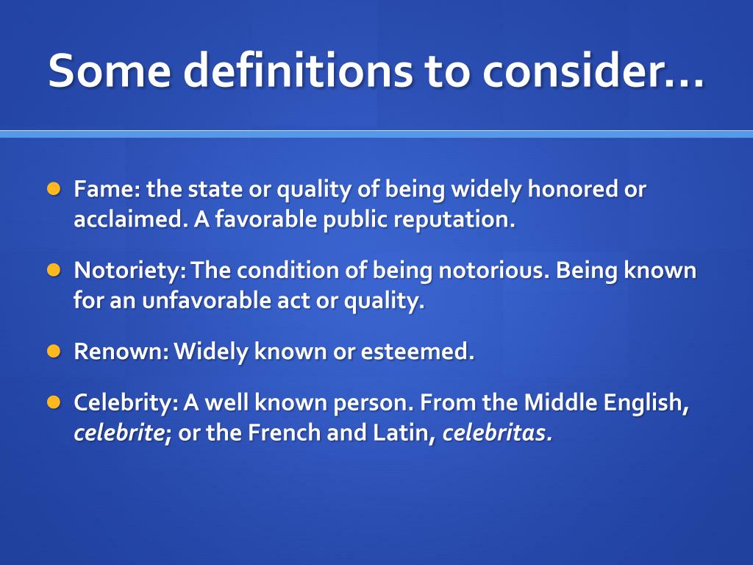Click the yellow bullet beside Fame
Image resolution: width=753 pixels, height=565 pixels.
point(54,189)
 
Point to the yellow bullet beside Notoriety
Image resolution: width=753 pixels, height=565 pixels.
point(54,270)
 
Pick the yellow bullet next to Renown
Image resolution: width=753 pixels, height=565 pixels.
point(54,351)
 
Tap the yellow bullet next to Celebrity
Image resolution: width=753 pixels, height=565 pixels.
point(54,402)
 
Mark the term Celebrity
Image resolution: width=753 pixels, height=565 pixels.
point(125,403)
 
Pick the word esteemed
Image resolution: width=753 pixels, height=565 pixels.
point(417,352)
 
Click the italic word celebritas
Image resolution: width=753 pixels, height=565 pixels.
point(496,434)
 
